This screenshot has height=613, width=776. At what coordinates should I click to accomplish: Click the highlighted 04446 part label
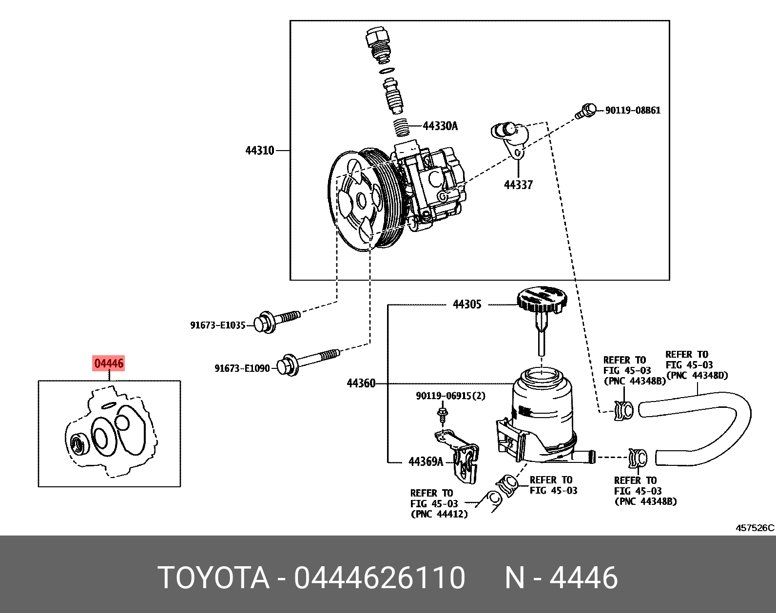point(109,363)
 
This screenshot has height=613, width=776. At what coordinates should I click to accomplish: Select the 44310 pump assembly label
point(260,151)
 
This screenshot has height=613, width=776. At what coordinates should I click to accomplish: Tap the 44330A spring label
point(440,126)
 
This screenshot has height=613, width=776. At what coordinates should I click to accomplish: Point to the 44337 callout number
point(518,185)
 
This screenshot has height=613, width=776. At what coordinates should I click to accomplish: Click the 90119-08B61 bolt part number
point(633,111)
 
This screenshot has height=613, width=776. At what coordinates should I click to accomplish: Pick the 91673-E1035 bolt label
point(217,325)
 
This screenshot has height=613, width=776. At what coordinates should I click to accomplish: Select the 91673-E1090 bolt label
point(242,368)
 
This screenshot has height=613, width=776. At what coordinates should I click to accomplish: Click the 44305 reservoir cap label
point(467,304)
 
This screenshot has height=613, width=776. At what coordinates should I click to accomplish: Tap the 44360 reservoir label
point(361,383)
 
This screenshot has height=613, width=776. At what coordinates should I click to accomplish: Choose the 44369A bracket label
point(426,461)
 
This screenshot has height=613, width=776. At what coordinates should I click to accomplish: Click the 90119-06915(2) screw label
point(450,396)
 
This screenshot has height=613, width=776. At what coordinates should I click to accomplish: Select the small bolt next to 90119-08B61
point(585,111)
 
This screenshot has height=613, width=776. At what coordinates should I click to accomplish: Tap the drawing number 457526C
point(755,528)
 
